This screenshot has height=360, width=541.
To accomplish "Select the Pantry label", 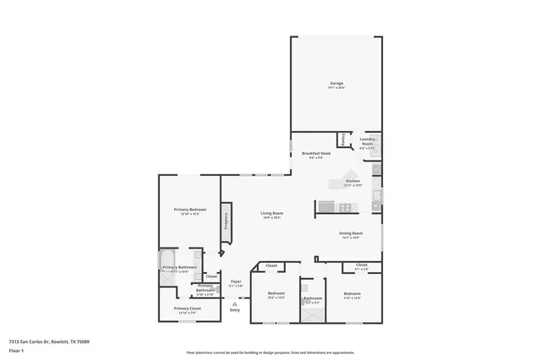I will coord(342,139).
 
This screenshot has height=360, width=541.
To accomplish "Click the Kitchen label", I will coord(353,182).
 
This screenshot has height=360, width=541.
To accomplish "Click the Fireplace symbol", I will coord(226,221).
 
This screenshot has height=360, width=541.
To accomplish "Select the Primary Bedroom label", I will coord(190,210).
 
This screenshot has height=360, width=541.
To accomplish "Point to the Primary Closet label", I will coord(188,309).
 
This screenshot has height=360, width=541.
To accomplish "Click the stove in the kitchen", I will coord(345,207).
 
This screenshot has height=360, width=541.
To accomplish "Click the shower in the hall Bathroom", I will coord(313,314).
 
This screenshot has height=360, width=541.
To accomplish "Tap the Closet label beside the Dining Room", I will coord(361,265).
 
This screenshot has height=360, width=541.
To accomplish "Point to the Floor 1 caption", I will coord(15,351).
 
